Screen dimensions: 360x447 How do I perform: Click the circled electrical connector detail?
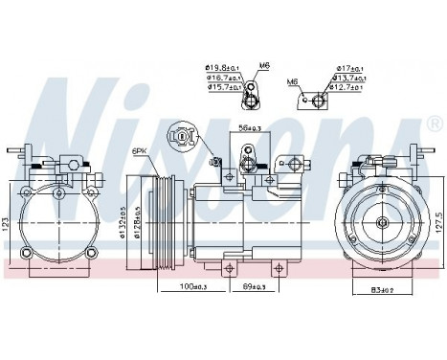(182, 135)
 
